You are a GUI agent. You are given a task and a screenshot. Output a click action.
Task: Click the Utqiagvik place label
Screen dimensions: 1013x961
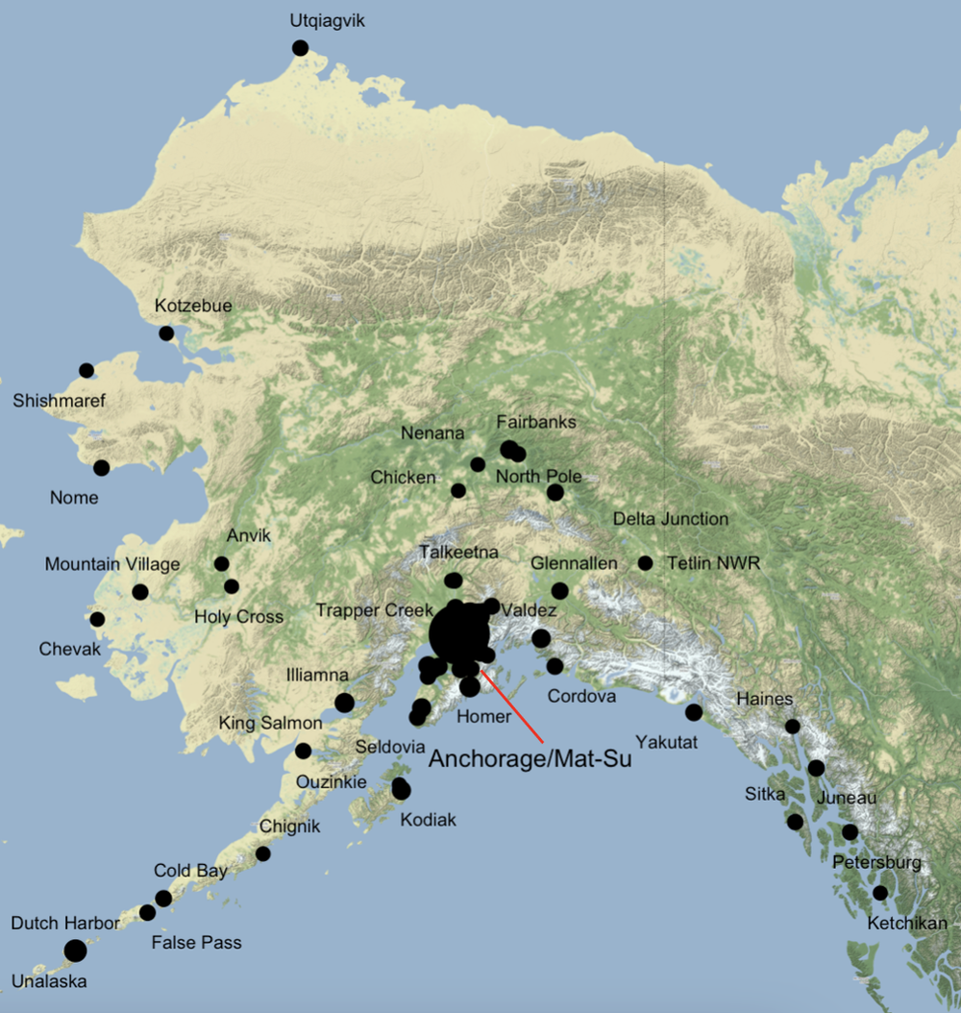[328, 20]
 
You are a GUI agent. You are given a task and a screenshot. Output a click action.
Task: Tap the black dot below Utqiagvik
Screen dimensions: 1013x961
[300, 48]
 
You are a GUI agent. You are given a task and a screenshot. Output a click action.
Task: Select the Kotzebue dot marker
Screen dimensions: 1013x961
[166, 334]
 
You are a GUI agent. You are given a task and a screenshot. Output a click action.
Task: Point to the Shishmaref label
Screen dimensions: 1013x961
[59, 401]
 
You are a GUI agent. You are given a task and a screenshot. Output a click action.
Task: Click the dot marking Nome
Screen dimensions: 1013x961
[101, 468]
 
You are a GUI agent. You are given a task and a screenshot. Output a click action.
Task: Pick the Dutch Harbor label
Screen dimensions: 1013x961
[65, 924]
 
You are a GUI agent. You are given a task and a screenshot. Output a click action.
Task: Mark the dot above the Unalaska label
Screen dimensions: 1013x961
[75, 951]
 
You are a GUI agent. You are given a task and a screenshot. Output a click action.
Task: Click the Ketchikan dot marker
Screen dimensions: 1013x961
[880, 893]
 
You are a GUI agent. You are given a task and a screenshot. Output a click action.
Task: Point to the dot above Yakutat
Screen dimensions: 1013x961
[694, 712]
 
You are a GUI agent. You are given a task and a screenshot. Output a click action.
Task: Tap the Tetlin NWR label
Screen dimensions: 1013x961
[713, 563]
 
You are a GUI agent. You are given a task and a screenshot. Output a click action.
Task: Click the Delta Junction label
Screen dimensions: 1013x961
[671, 519]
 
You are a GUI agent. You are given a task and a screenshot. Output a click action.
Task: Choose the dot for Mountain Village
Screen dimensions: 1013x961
[140, 592]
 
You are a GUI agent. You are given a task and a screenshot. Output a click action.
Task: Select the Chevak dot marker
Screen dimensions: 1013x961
[97, 619]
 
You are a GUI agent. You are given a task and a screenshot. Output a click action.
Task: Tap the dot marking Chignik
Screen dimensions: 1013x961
[262, 853]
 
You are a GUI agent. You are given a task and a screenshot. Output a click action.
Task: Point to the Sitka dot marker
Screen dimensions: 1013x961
[795, 822]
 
